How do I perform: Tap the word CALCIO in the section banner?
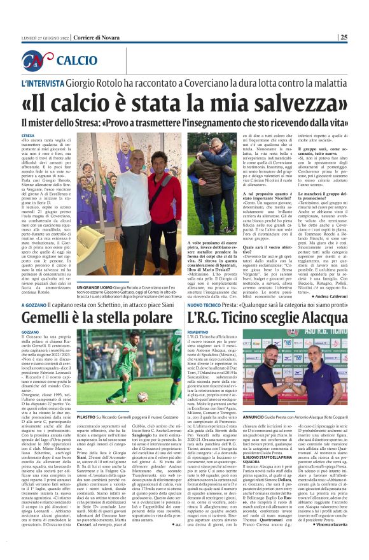tap(77, 61)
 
